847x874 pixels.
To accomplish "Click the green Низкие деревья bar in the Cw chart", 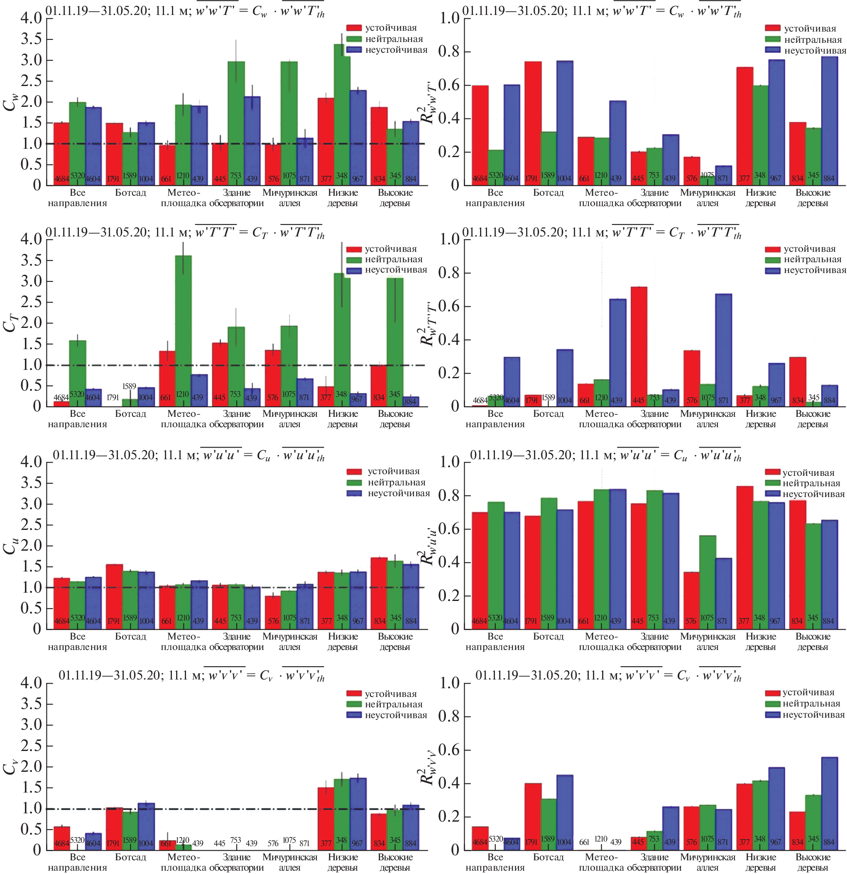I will (342, 111).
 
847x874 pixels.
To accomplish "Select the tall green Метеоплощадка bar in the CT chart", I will (183, 330).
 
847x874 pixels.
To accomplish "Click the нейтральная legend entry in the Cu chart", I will (396, 483).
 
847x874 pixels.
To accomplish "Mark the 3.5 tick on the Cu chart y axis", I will (31, 483).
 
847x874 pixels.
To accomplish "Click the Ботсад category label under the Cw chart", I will (130, 193).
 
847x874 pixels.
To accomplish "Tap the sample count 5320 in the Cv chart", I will (78, 840).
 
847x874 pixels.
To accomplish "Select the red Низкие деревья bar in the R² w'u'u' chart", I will (744, 557).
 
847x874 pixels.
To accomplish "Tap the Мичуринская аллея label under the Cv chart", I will (290, 862).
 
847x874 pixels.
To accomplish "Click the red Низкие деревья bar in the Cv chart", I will (326, 819).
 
